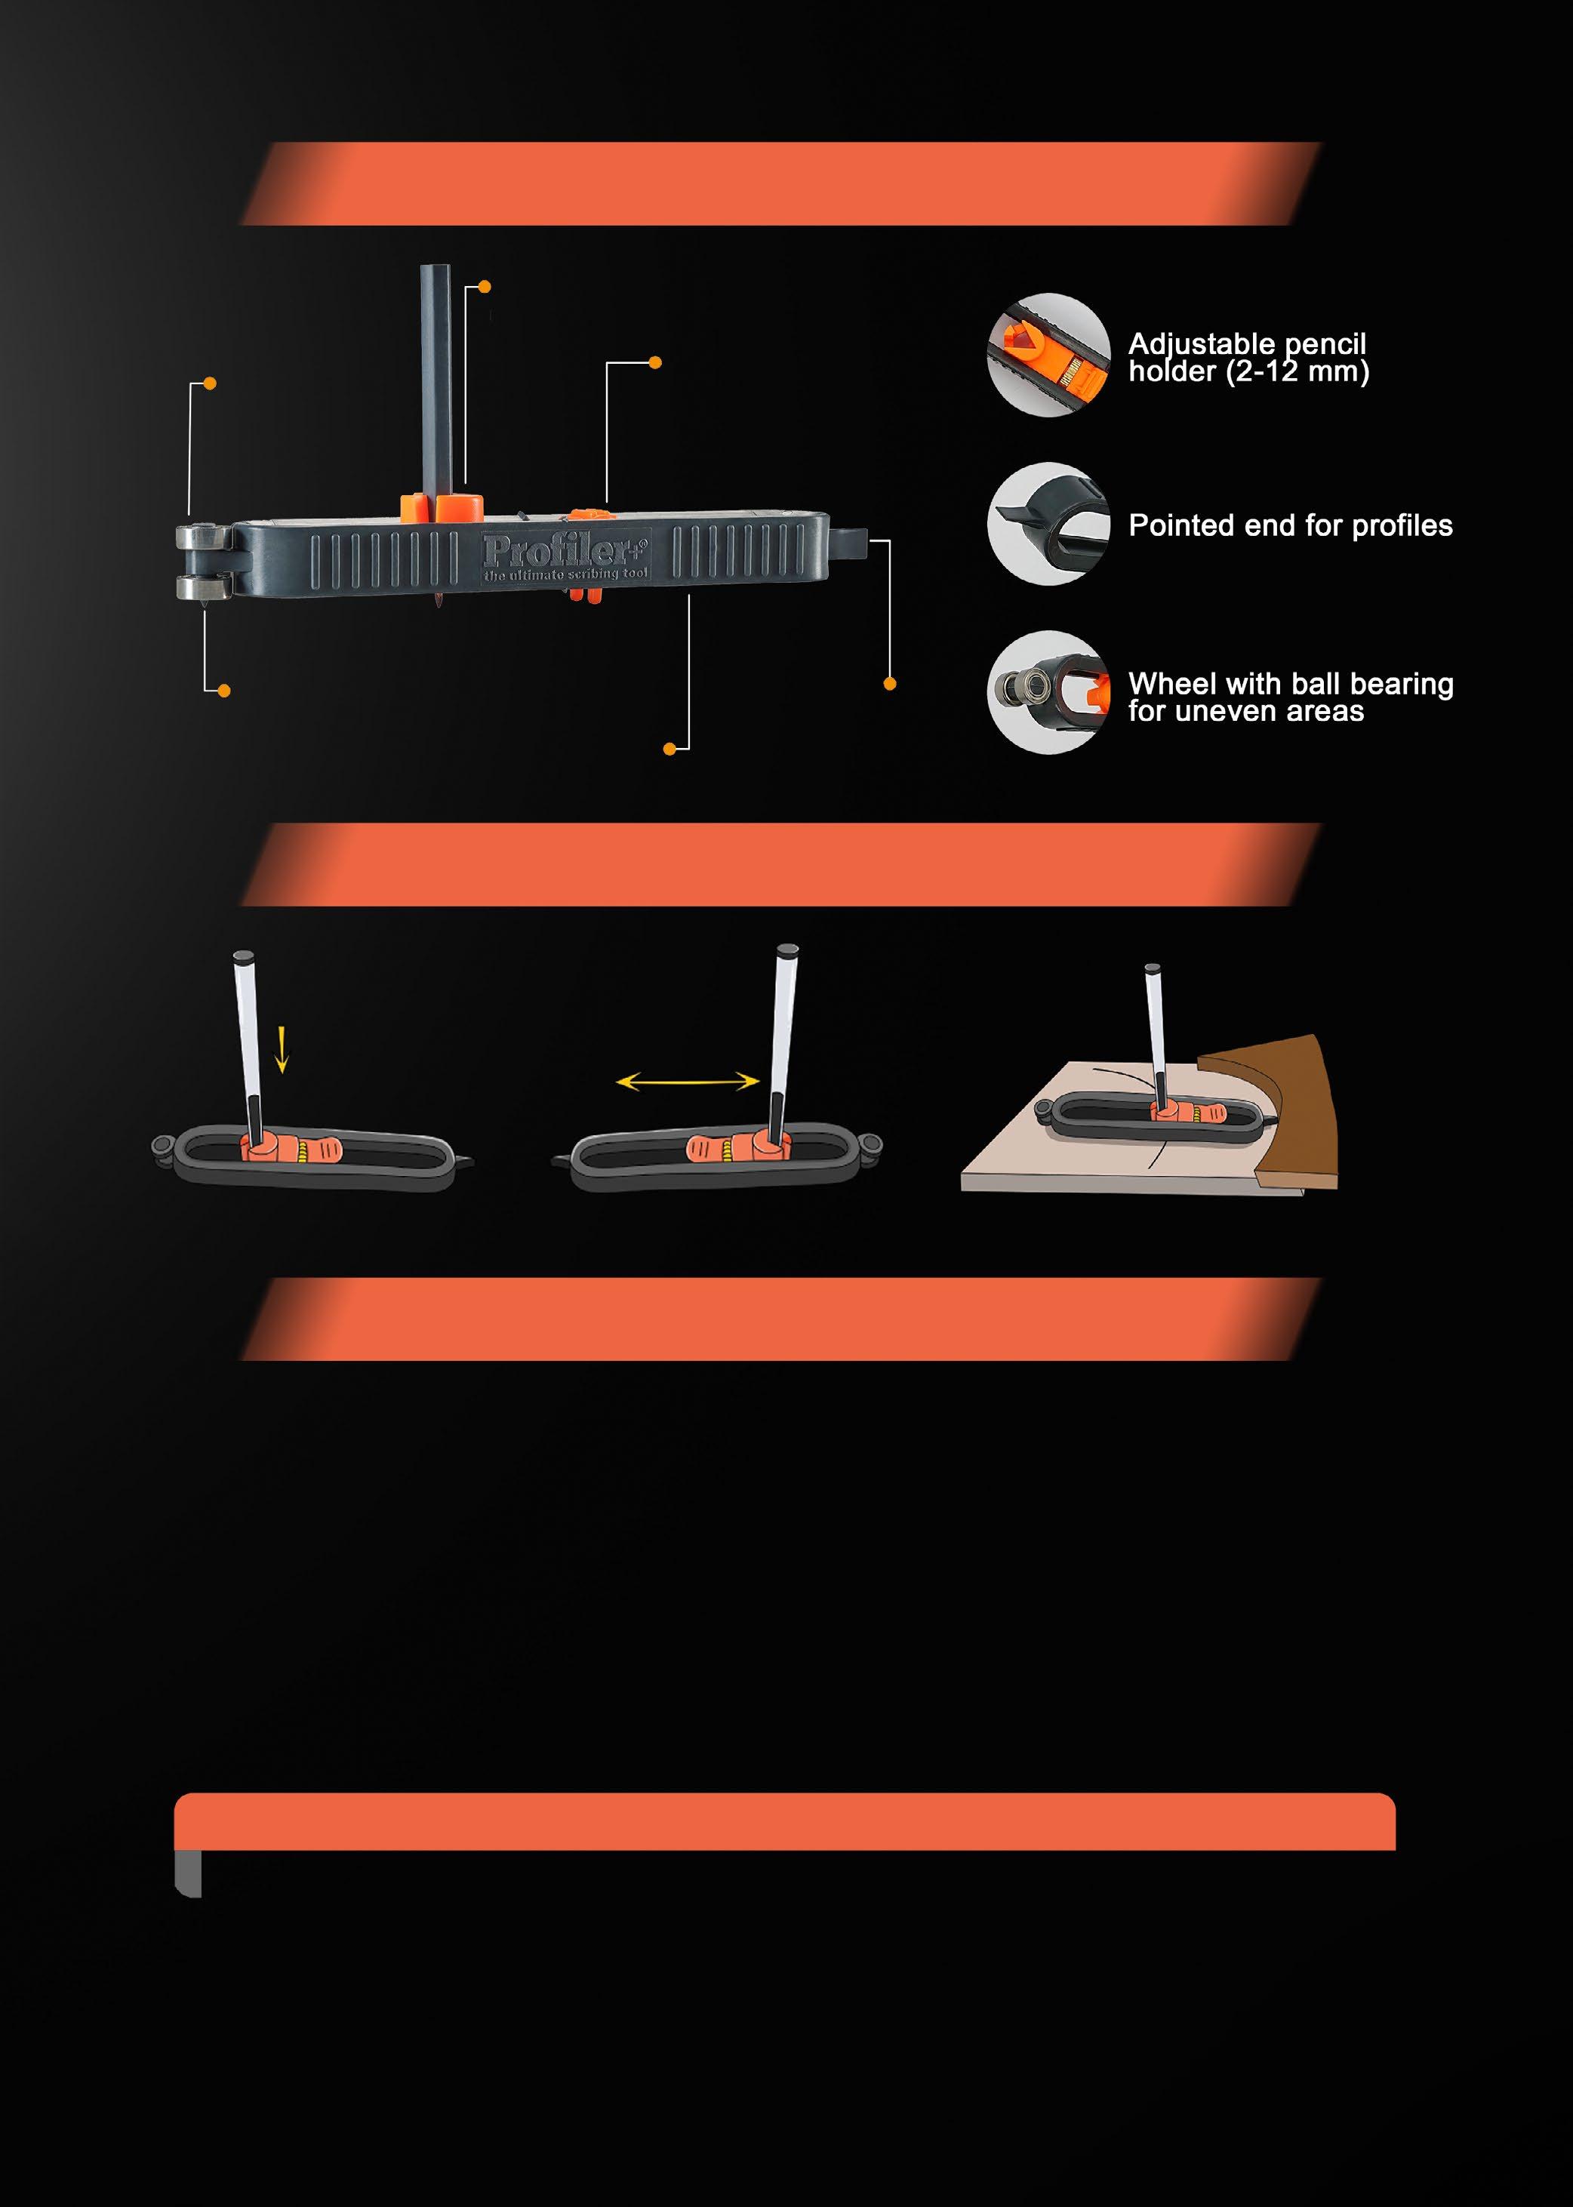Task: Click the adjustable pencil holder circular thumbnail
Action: click(1049, 356)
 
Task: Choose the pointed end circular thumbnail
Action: click(1049, 524)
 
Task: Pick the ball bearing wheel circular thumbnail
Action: click(1049, 692)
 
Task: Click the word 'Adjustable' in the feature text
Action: click(1202, 345)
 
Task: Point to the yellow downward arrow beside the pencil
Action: click(282, 1051)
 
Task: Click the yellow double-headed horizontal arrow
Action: click(688, 1081)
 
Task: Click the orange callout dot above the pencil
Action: click(485, 287)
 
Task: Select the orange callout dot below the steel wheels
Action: click(223, 691)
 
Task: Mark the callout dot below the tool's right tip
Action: click(889, 684)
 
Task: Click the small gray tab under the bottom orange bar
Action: click(188, 1874)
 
